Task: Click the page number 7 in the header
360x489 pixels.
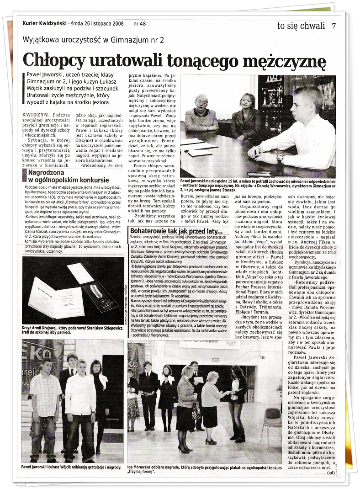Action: click(334, 26)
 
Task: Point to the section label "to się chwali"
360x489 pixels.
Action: click(301, 26)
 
